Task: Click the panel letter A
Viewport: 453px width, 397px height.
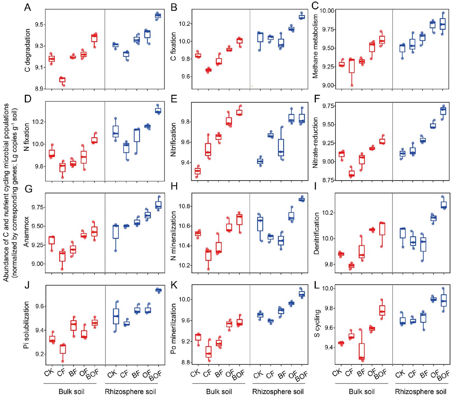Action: pos(27,7)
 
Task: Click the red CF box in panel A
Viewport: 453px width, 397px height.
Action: pos(63,80)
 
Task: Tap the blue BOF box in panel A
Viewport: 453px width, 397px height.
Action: pos(158,16)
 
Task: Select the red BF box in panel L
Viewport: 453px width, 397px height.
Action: pos(362,351)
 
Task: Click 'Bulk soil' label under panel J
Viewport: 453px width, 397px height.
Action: pos(71,392)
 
